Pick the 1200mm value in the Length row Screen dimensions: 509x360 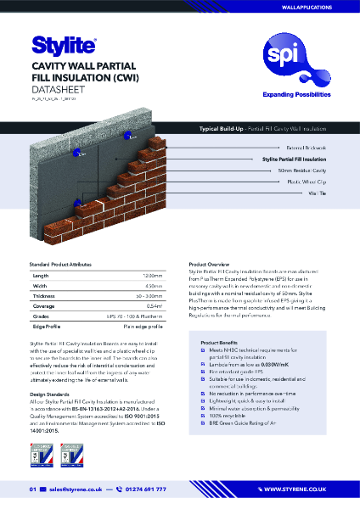[x=152, y=276]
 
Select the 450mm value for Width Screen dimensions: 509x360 [x=154, y=286]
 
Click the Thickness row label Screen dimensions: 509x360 [x=44, y=296]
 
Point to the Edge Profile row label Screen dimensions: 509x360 [x=48, y=327]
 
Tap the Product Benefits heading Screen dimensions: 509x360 [x=224, y=342]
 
